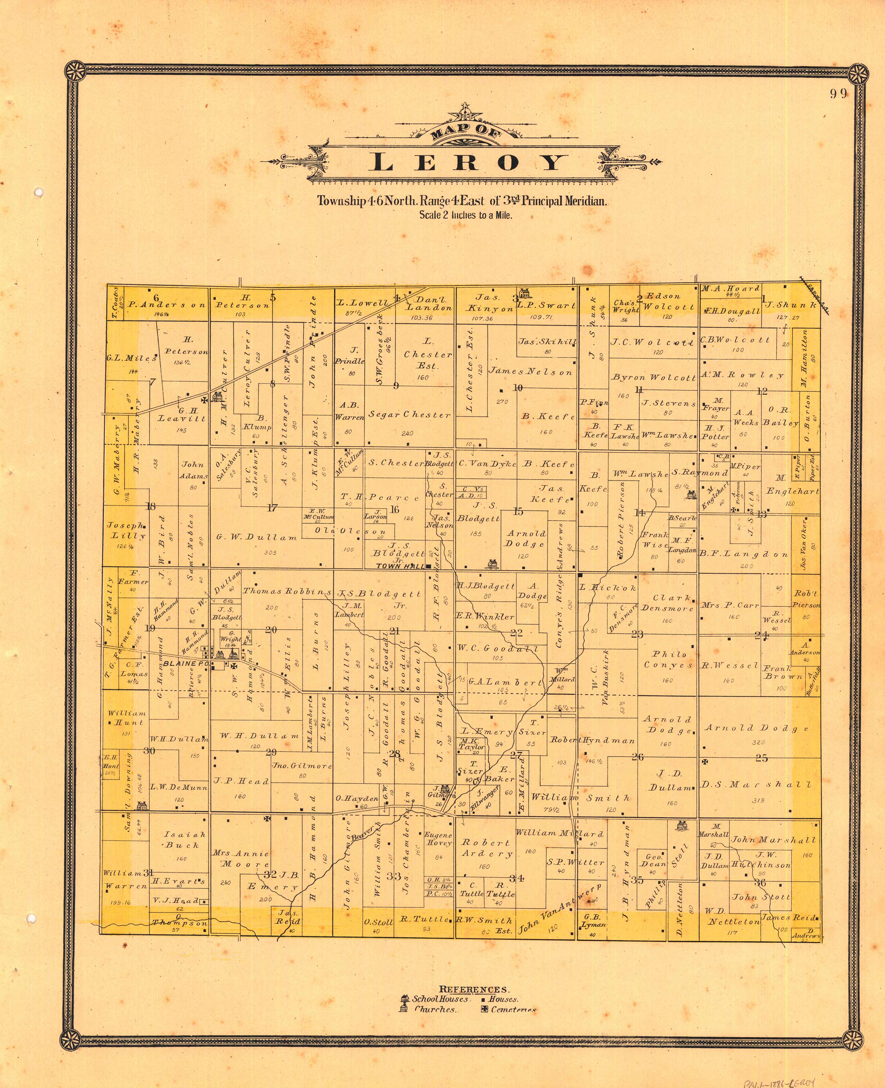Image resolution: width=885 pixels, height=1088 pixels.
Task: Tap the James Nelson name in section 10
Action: point(530,372)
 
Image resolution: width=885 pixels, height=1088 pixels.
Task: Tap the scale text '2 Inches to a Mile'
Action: point(466,215)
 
